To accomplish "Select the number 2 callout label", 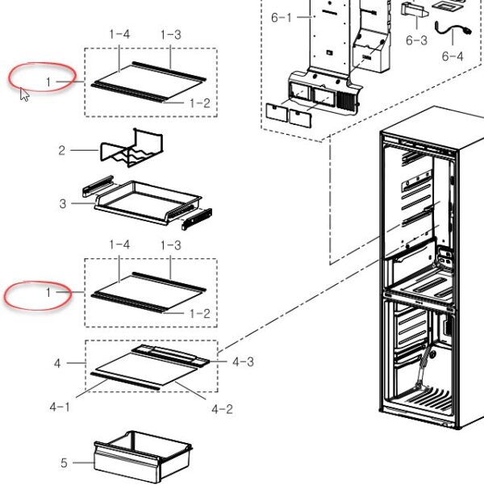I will (61, 150).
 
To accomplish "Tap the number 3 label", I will (62, 203).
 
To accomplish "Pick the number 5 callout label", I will (64, 463).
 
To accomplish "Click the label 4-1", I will (59, 407).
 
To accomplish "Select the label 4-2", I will (222, 409).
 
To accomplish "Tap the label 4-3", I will (243, 361).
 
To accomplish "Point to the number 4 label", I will (58, 364).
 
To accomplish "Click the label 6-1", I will (281, 17).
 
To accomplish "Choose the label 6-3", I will (416, 40).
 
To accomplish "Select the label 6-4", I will (453, 56).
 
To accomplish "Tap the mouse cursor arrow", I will (24, 94).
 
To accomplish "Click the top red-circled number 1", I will (48, 81).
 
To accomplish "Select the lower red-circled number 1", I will (48, 293).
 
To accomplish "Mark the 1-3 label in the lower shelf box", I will (170, 244).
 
